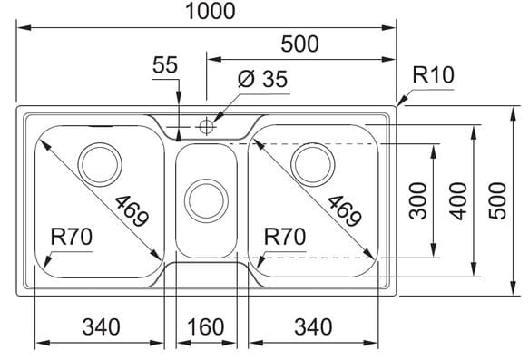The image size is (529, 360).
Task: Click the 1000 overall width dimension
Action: pos(211,11)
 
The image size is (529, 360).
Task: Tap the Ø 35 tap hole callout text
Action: pos(262,79)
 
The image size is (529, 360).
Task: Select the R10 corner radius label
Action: pos(433,75)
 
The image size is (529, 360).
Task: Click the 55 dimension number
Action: pos(165,64)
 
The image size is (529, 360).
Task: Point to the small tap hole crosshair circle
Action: pos(205,127)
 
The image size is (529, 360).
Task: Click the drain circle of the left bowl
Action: pos(100,164)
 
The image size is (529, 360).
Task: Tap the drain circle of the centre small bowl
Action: pos(206,201)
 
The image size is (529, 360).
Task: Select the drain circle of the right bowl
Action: pos(313,164)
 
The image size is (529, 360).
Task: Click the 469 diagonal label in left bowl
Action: pos(132,211)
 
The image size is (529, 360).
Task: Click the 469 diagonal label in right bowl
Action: pos(345,211)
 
